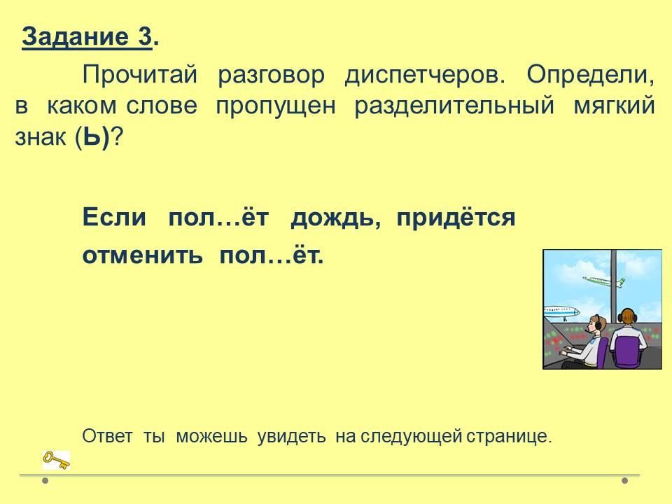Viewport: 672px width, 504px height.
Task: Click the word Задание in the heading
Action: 75,36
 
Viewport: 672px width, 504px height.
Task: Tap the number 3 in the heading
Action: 145,36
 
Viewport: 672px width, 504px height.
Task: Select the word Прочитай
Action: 140,75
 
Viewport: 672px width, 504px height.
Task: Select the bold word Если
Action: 114,217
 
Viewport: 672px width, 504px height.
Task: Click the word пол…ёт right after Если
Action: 218,217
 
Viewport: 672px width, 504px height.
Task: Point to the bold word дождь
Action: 335,218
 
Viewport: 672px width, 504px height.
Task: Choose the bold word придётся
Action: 456,218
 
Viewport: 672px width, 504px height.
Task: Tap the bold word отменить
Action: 142,256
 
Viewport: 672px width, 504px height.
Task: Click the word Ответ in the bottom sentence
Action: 107,436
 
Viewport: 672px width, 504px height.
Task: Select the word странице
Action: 509,437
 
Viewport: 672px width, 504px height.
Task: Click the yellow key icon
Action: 56,461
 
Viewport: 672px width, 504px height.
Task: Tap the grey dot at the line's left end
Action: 45,480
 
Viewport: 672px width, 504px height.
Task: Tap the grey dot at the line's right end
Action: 625,480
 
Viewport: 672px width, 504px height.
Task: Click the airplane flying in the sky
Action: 603,281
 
